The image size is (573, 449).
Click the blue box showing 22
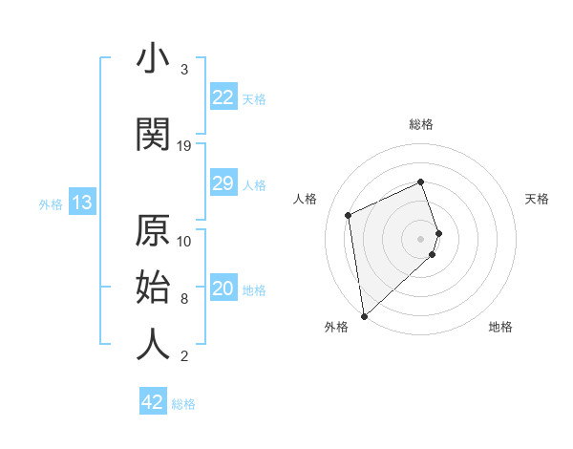click(223, 97)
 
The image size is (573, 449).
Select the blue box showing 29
click(223, 183)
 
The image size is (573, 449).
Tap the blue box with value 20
click(223, 289)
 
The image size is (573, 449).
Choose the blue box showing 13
click(81, 203)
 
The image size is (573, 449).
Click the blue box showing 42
click(153, 402)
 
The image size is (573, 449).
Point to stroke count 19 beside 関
click(184, 146)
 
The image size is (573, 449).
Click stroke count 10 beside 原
click(184, 241)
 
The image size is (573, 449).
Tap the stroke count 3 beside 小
click(184, 70)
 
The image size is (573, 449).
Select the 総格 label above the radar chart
click(421, 124)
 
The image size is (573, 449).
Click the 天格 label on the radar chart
click(537, 199)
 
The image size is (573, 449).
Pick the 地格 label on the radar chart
click(500, 327)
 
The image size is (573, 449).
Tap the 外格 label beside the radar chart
click(336, 327)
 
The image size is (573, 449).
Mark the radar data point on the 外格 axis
click(363, 315)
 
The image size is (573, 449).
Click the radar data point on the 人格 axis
click(349, 214)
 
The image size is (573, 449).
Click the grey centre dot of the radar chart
click(421, 238)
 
